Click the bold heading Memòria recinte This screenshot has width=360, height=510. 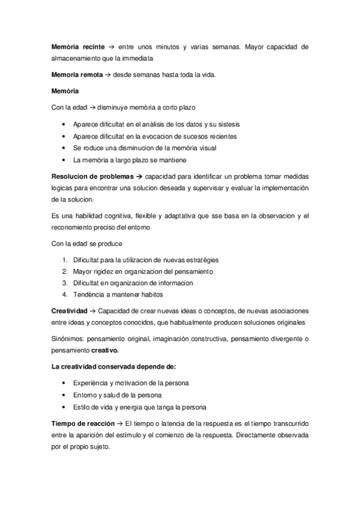point(78,46)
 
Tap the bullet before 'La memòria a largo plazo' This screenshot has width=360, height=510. point(64,160)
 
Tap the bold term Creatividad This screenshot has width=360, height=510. point(69,311)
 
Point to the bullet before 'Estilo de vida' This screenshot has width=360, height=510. point(64,406)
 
